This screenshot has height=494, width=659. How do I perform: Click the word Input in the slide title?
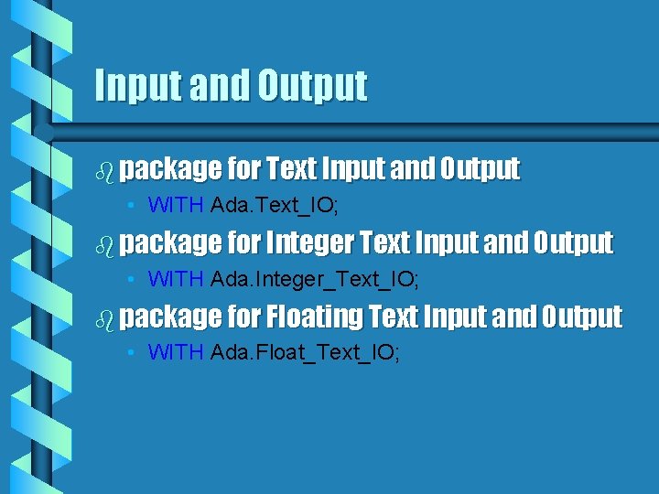(139, 85)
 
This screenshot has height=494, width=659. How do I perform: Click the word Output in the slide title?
(312, 85)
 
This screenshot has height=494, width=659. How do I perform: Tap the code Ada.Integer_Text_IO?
(315, 279)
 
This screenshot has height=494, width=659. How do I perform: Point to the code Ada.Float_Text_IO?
(305, 353)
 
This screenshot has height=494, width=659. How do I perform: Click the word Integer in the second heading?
(309, 242)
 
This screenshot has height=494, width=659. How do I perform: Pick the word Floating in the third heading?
(313, 317)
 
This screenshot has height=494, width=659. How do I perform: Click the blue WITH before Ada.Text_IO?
(175, 205)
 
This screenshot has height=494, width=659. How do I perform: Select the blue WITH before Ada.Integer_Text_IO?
(175, 279)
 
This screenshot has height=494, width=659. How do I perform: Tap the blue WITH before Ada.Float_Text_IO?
(175, 353)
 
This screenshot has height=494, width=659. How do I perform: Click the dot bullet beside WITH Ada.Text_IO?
(134, 206)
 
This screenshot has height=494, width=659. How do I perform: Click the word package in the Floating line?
(170, 317)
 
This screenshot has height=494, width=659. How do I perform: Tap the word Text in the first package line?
(292, 168)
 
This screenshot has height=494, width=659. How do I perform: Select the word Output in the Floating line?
(581, 317)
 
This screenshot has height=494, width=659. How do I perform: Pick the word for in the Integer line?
(243, 242)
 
